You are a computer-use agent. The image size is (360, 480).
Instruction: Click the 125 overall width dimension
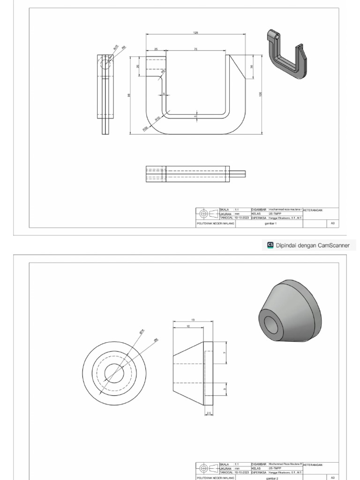[195, 32]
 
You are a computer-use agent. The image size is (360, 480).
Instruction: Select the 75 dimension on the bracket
[195, 49]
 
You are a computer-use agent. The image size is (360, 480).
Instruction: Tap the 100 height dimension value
[260, 94]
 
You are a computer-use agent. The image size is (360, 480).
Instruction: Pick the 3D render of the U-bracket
[286, 54]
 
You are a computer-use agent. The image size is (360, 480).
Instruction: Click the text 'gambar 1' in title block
[269, 224]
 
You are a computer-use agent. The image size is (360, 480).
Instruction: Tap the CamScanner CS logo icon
[270, 245]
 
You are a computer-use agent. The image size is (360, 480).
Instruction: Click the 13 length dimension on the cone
[193, 320]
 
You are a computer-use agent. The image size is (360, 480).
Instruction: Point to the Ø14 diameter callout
[142, 331]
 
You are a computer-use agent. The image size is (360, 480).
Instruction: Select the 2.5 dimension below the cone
[209, 412]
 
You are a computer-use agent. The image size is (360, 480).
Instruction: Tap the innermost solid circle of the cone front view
[114, 374]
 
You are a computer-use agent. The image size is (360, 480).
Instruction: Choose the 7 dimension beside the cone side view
[225, 352]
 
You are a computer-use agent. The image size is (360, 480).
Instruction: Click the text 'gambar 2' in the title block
[269, 478]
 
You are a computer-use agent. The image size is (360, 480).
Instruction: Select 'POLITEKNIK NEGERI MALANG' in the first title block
[215, 224]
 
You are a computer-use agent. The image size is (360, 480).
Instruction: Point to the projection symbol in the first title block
[204, 214]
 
